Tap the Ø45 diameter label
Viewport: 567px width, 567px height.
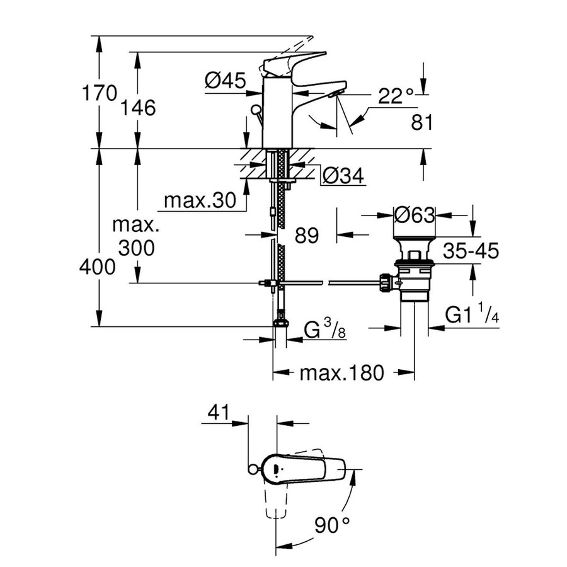tap(226, 80)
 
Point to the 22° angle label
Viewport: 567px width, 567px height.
tap(396, 96)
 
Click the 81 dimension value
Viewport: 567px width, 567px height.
tap(421, 122)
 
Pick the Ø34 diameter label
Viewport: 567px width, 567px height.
tap(343, 177)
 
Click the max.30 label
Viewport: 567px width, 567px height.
tap(199, 201)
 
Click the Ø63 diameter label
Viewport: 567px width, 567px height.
tap(414, 215)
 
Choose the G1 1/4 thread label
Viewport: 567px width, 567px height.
tap(472, 313)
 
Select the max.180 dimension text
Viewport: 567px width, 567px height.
tap(341, 374)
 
